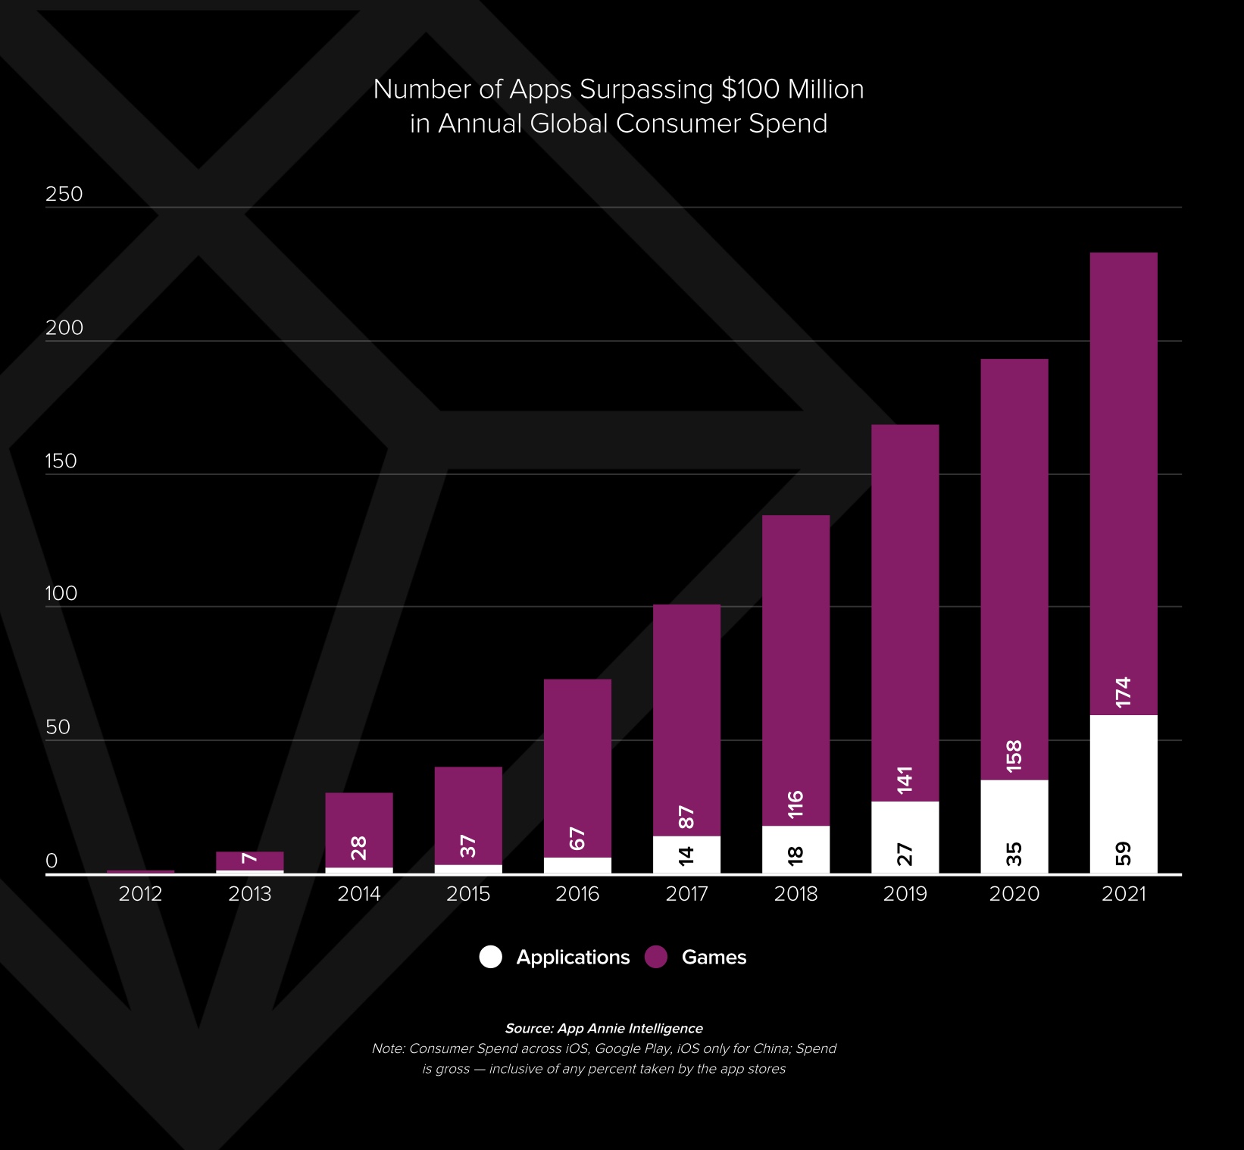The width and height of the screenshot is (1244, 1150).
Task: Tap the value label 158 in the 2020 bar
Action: click(x=1014, y=756)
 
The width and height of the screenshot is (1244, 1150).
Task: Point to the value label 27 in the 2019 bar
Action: click(x=905, y=854)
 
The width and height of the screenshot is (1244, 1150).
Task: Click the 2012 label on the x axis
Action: click(x=140, y=894)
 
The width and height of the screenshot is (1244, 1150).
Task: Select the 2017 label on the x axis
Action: click(x=686, y=894)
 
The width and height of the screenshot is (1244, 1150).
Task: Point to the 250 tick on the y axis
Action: click(x=64, y=194)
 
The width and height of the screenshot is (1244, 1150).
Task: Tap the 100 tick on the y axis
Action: click(x=61, y=593)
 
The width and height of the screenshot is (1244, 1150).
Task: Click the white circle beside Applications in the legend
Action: click(x=491, y=957)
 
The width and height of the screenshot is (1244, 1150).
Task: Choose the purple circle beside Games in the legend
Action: click(x=656, y=957)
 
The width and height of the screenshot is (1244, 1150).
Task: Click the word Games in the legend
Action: click(x=714, y=958)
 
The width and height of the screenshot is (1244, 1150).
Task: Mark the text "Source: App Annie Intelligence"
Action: click(x=604, y=1028)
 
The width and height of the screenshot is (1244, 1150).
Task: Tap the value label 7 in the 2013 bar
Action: click(x=249, y=858)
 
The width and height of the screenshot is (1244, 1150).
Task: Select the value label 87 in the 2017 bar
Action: click(x=686, y=817)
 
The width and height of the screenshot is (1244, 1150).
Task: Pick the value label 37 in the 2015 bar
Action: click(x=468, y=846)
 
